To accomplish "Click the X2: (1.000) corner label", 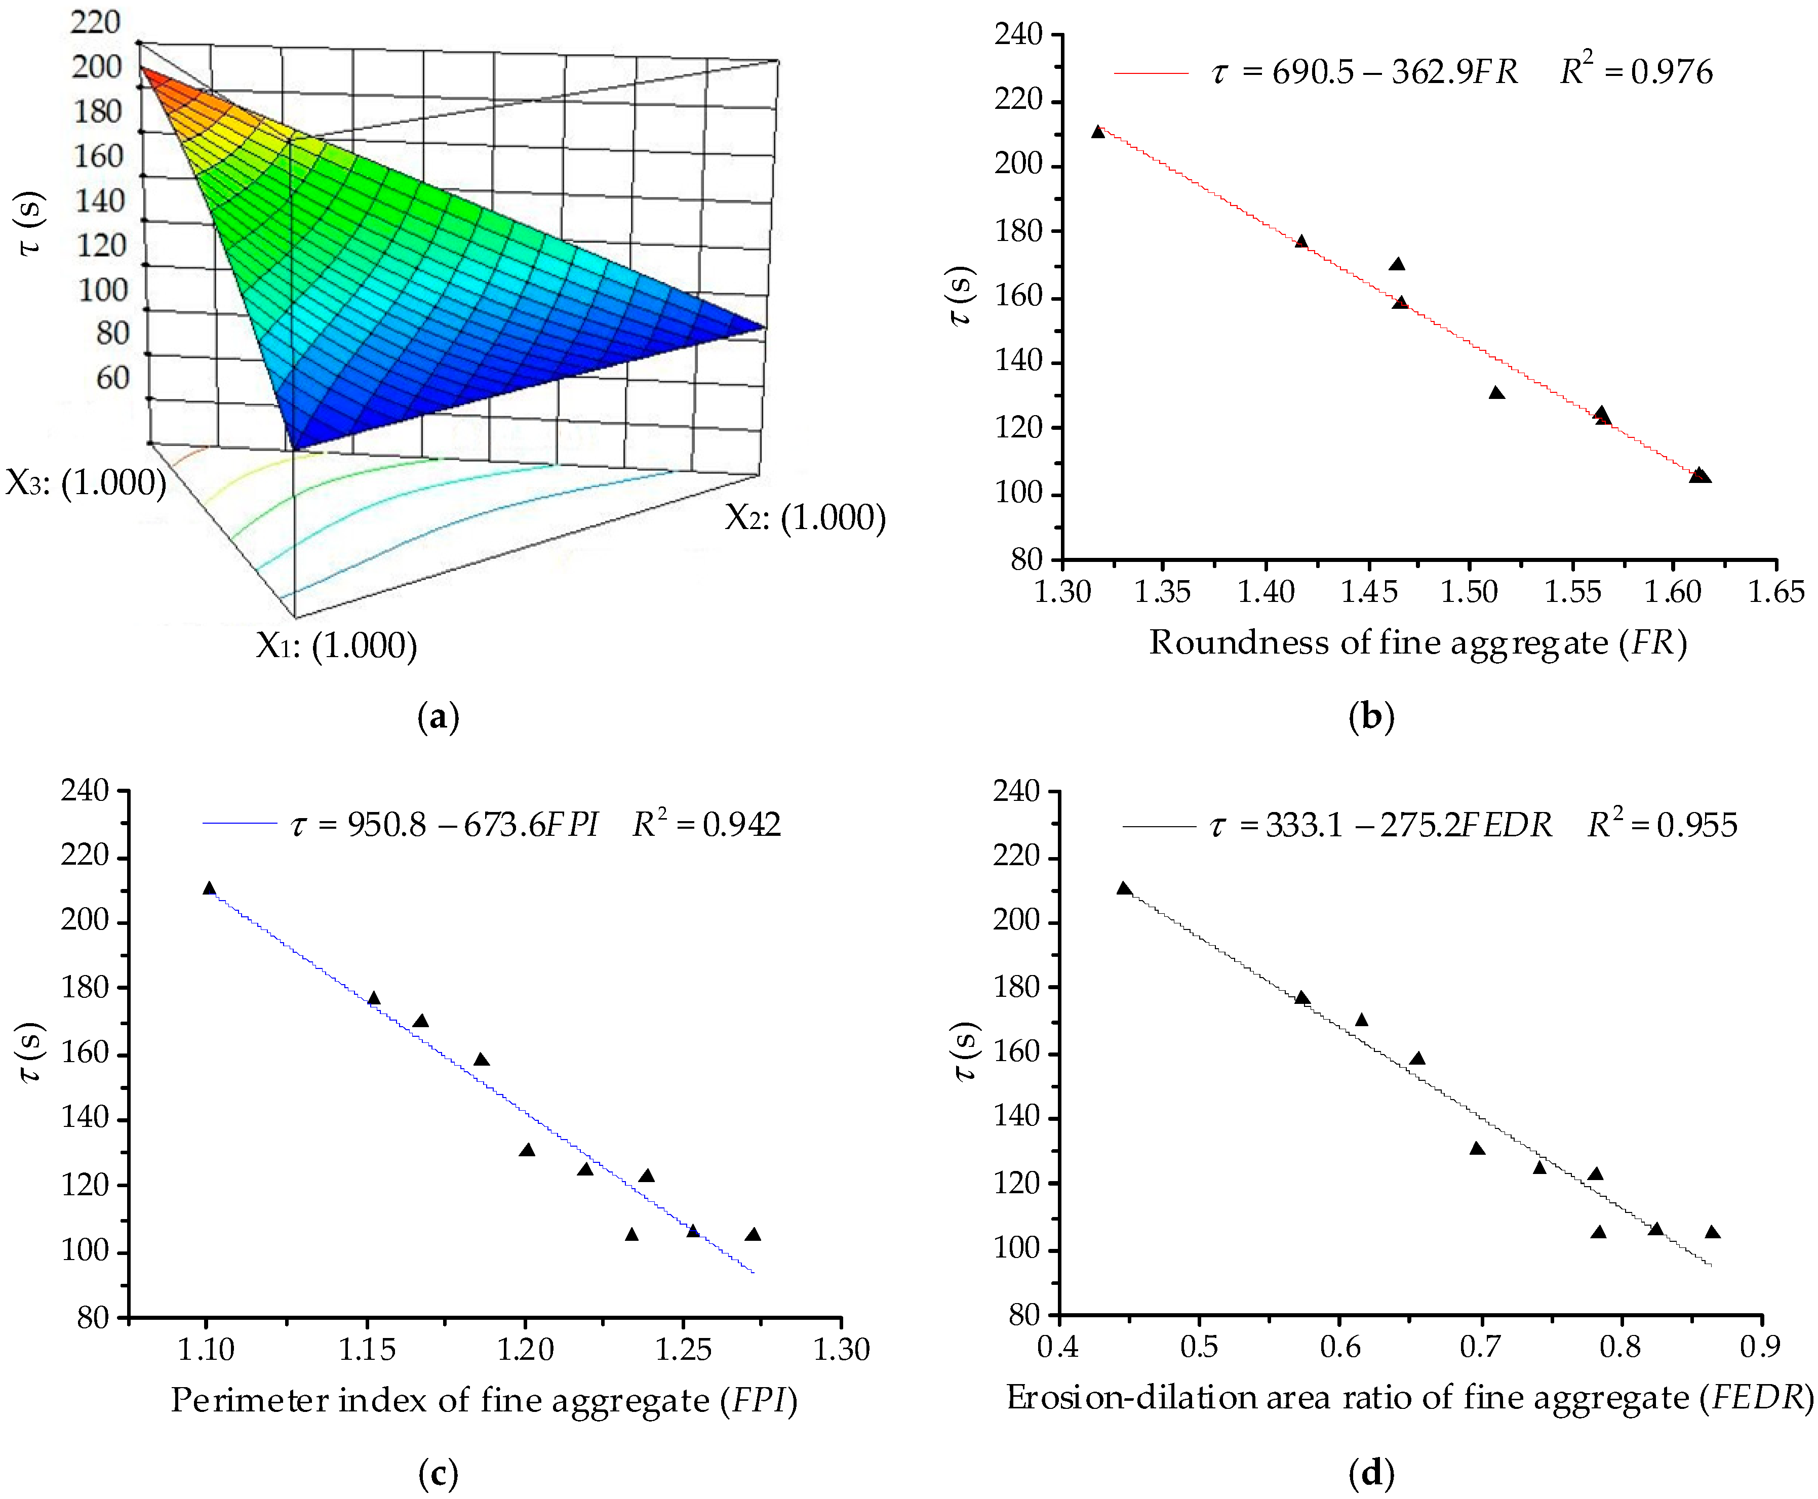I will point(805,517).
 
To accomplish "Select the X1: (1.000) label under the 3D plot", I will point(336,645).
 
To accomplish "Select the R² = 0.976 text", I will point(1635,71).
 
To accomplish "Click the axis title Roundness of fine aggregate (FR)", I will point(1417,642).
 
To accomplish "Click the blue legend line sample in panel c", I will point(239,824).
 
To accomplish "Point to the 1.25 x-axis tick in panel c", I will point(683,1349).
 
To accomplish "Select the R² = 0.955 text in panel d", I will point(1662,825).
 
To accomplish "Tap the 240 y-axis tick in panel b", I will point(1018,34).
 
